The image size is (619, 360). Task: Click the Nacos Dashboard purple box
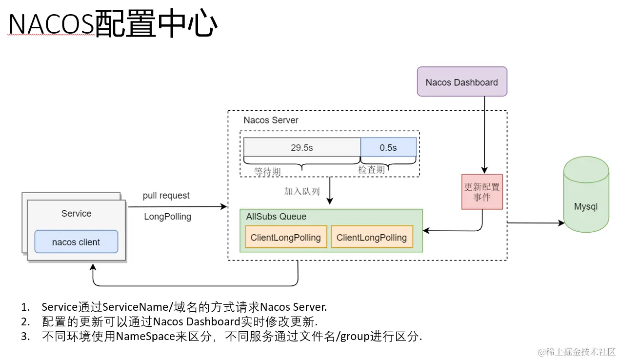[461, 82]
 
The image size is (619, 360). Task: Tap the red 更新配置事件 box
[482, 192]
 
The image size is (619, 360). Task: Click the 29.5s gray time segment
[301, 147]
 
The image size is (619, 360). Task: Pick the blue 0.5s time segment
[388, 147]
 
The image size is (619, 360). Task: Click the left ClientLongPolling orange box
[285, 238]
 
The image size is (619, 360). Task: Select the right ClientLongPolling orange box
[372, 238]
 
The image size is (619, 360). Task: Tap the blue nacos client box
[76, 242]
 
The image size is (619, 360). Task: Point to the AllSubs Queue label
[276, 217]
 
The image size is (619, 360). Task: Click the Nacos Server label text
[271, 120]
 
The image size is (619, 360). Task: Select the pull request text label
[166, 196]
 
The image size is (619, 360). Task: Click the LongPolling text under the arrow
[167, 217]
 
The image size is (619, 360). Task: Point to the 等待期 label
[267, 172]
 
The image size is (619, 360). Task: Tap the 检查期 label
[371, 169]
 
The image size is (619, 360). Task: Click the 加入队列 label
[302, 191]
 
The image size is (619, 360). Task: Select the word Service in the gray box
[76, 214]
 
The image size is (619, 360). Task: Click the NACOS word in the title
[51, 25]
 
